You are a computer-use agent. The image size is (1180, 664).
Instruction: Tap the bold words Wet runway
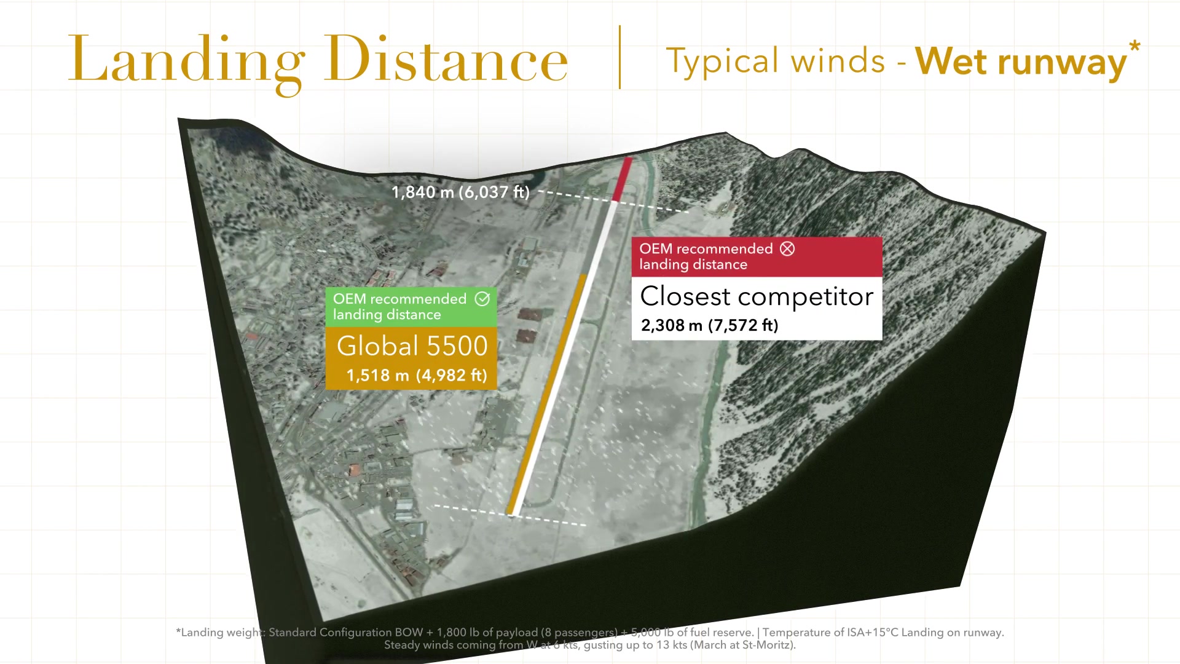point(1021,62)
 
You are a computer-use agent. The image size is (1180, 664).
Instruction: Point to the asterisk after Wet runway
point(1135,47)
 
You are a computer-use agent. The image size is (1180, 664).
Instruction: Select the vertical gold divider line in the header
point(619,57)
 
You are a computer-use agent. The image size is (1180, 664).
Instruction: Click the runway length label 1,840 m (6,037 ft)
point(460,192)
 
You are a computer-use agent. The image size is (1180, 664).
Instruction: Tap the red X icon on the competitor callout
point(787,248)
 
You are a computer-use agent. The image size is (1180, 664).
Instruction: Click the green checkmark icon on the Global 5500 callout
point(482,299)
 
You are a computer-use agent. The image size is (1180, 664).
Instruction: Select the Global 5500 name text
point(412,346)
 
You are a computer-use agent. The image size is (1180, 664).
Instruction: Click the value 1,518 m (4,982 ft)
point(417,376)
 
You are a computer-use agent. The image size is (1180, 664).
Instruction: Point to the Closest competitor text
point(757,297)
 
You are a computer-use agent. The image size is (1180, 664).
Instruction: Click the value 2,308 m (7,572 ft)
point(709,325)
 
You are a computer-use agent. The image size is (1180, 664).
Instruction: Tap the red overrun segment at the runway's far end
point(622,179)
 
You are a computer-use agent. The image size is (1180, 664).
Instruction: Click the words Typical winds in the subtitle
point(776,61)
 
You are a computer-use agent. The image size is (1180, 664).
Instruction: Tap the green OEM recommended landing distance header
point(411,307)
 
